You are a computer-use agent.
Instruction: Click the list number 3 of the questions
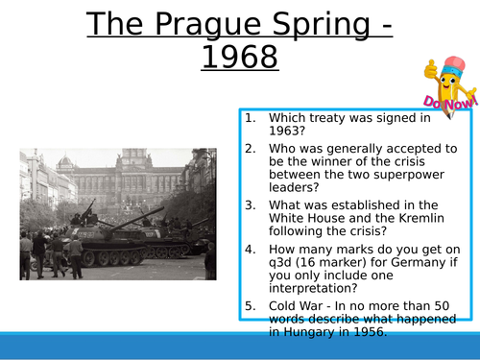point(249,204)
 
